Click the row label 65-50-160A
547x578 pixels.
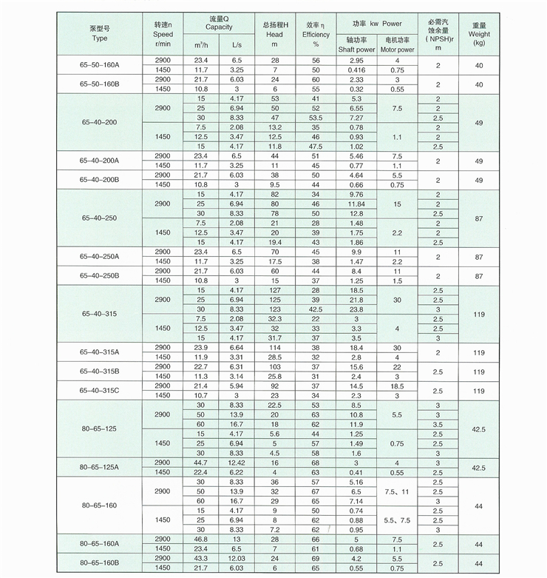click(x=99, y=64)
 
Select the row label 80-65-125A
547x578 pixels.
click(x=99, y=467)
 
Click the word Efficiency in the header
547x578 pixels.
click(x=316, y=34)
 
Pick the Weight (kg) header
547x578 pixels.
click(x=479, y=34)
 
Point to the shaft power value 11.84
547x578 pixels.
click(x=357, y=204)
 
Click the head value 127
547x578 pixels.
click(x=274, y=290)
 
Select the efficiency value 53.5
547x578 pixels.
click(x=316, y=118)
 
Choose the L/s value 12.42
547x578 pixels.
click(x=236, y=463)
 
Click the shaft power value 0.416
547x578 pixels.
click(x=357, y=69)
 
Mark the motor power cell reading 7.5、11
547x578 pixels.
click(x=397, y=491)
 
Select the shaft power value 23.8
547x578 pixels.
click(x=357, y=309)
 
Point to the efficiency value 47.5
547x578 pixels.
click(x=316, y=147)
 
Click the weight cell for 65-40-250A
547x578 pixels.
click(x=479, y=256)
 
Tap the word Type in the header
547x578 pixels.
click(x=99, y=37)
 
